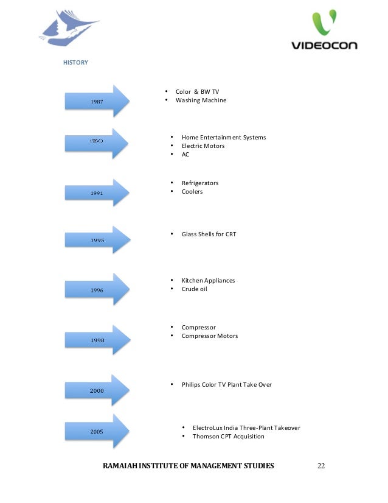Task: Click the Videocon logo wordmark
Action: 324,45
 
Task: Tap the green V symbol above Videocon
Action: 324,23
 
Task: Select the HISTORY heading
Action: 76,62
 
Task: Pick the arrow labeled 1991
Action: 97,192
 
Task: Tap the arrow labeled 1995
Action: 97,240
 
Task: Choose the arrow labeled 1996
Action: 97,290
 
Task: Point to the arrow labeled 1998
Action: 97,340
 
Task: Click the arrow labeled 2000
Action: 97,390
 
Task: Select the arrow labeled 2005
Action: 97,431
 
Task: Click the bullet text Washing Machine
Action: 201,100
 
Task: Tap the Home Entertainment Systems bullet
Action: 223,137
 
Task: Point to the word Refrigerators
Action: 199,183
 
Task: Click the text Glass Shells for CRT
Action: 209,234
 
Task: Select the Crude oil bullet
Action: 194,289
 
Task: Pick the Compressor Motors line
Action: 209,336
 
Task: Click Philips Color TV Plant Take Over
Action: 226,384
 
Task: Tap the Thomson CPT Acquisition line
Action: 228,436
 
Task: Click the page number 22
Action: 321,466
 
